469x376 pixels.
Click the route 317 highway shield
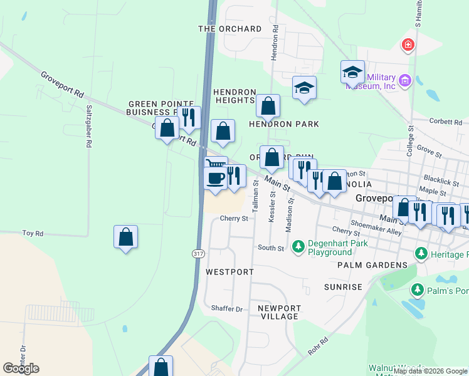tap(198, 253)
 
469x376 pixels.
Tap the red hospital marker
tap(408, 44)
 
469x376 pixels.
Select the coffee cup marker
tap(215, 178)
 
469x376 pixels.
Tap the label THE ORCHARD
tap(229, 29)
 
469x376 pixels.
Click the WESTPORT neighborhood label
tap(229, 272)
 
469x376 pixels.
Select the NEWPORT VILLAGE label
tap(280, 312)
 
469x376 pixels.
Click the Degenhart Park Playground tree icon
tap(300, 244)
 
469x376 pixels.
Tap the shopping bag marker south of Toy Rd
tap(126, 237)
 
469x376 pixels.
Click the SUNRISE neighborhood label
tap(343, 287)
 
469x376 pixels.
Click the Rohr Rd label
tap(319, 347)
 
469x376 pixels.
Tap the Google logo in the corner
tap(21, 368)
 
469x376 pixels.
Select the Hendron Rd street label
tap(274, 43)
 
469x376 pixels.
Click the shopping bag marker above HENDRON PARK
tap(268, 107)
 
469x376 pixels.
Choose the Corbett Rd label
tap(445, 120)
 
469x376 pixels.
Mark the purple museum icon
tap(404, 80)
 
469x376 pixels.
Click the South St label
tap(271, 248)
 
